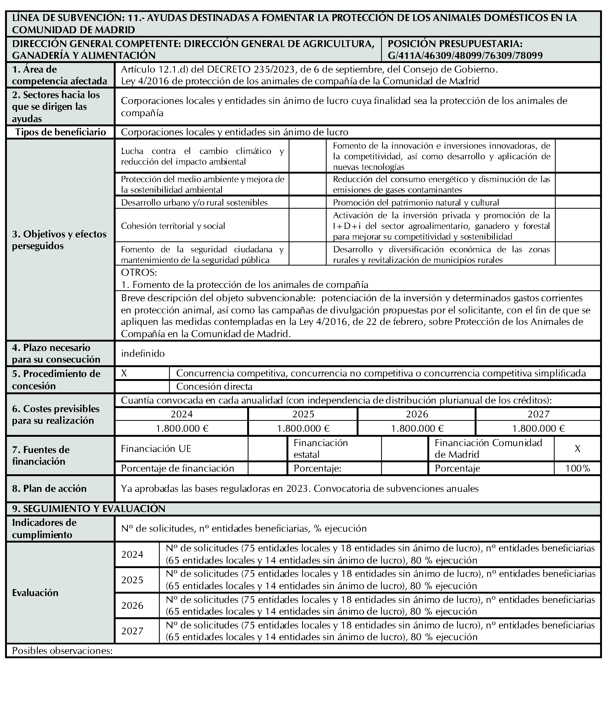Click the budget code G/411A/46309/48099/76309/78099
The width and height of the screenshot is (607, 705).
pos(465,56)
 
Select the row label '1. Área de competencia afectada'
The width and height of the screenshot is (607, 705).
pos(60,75)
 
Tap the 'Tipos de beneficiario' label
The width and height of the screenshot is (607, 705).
pos(61,132)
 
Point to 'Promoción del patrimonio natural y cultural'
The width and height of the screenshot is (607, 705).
pos(416,203)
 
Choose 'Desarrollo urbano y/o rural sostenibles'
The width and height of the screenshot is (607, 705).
pos(194,203)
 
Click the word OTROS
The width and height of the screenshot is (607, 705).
pos(139,272)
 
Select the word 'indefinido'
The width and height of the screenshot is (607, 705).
pos(143,354)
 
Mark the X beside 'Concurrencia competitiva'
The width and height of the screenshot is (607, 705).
pos(124,373)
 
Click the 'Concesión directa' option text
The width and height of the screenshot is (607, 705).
pos(214,387)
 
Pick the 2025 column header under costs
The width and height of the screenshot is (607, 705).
pos(303,414)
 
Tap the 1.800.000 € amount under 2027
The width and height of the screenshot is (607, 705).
pos(538,428)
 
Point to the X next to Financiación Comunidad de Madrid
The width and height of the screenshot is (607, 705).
pos(578,449)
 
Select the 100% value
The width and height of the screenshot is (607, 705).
pos(578,468)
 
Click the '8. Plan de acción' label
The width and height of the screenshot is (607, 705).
pos(49,489)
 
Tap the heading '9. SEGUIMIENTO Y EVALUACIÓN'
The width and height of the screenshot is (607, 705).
pos(88,509)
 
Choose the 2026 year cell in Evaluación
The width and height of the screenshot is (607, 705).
pos(132,605)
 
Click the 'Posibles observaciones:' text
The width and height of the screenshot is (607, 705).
pos(62,651)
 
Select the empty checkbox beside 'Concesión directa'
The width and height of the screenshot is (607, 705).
pos(142,387)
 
